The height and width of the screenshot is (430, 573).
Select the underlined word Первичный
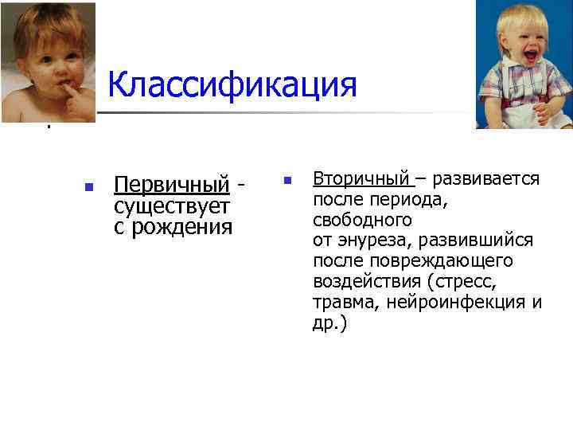[171, 186]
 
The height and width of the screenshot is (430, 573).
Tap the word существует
[172, 207]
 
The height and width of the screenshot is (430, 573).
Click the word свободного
[362, 220]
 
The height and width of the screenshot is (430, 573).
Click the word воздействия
[367, 282]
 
